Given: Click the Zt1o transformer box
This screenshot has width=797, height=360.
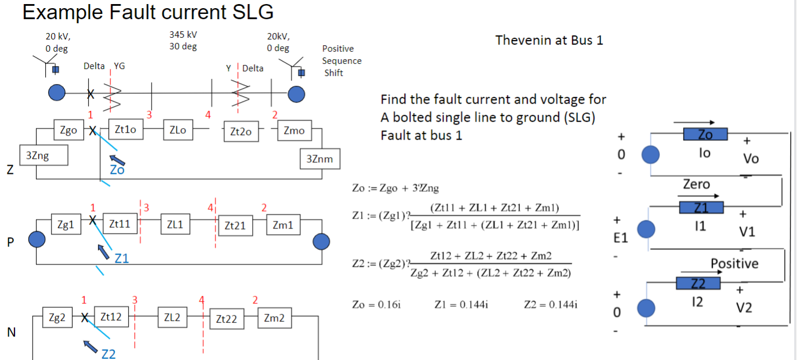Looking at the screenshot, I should click(125, 130).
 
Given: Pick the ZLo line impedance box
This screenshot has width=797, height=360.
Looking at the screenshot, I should click(178, 130).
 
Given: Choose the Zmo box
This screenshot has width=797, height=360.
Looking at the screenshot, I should click(294, 130).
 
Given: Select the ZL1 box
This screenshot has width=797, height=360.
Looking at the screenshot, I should click(175, 224).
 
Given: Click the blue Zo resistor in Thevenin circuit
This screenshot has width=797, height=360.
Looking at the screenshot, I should click(705, 134).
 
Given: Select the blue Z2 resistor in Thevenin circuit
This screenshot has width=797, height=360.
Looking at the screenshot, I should click(698, 283).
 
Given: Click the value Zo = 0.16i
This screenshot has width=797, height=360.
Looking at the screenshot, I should click(376, 304).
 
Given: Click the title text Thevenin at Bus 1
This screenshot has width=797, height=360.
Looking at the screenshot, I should click(549, 40).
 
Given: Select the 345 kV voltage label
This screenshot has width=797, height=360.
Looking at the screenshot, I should click(183, 35).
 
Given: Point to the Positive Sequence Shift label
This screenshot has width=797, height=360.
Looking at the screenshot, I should click(341, 61).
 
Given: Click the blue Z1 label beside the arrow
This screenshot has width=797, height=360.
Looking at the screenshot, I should click(122, 259).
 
